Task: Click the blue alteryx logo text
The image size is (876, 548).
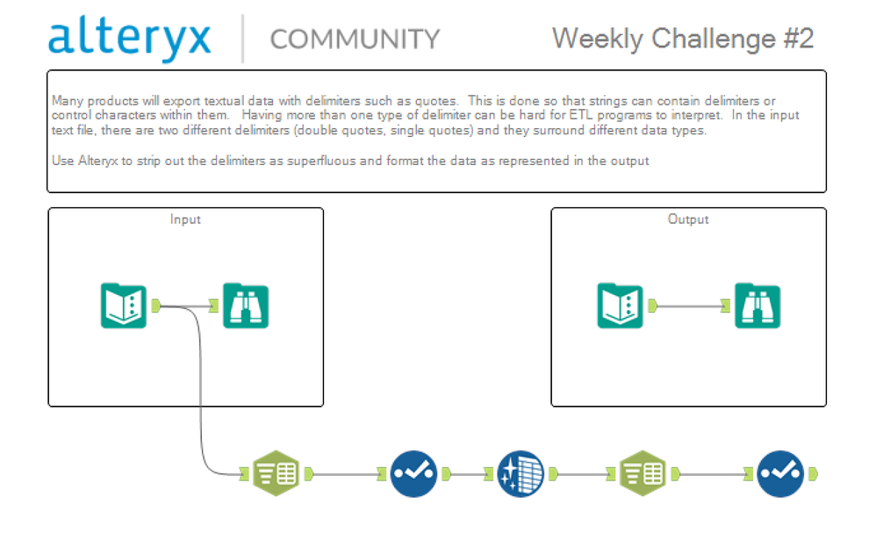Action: (130, 39)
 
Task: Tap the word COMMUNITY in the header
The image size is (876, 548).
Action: (355, 39)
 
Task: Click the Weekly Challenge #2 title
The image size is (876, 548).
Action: (683, 39)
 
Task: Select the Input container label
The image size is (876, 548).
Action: (185, 220)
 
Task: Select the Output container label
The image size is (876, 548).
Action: (688, 220)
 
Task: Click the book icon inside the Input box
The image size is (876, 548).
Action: (123, 306)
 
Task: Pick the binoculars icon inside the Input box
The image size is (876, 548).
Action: (245, 306)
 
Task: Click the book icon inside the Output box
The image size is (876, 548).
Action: (620, 306)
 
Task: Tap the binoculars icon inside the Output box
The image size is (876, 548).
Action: (758, 306)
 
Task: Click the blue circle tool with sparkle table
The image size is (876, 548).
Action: (521, 474)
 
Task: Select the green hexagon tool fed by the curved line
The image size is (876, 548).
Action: (276, 474)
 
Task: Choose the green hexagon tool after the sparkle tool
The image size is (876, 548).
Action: (643, 474)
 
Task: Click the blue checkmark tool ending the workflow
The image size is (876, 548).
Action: (780, 474)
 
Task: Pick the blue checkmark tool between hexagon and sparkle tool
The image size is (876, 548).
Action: (413, 474)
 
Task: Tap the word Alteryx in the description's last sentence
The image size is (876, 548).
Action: (93, 161)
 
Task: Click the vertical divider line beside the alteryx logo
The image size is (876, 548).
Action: (242, 39)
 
